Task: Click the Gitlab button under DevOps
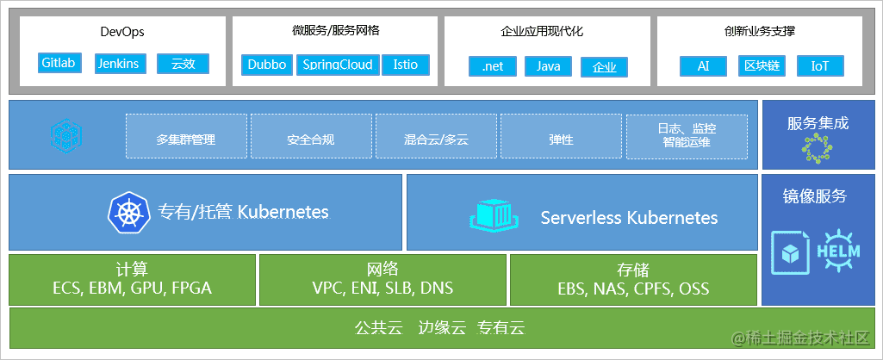(x=60, y=63)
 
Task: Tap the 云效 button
(x=183, y=64)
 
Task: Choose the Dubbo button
(x=268, y=65)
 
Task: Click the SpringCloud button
(x=338, y=65)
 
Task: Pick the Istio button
(x=406, y=65)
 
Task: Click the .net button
(x=493, y=66)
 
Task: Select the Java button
(x=549, y=66)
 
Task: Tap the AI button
(x=703, y=66)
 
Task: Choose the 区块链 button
(x=762, y=66)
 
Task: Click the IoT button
(x=820, y=66)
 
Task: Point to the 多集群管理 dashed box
(x=186, y=136)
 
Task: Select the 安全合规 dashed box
(x=311, y=136)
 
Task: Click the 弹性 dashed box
(x=562, y=136)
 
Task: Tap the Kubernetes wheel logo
(x=129, y=213)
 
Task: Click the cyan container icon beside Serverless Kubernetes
(x=493, y=214)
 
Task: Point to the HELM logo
(x=838, y=251)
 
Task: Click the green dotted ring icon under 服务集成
(x=817, y=149)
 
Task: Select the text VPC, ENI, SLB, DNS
(x=382, y=289)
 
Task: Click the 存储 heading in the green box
(x=633, y=270)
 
